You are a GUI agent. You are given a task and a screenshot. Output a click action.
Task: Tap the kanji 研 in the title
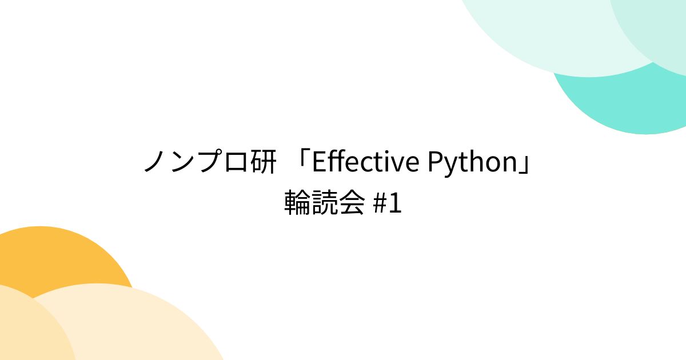[264, 163]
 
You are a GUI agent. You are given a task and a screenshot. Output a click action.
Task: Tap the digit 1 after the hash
[395, 204]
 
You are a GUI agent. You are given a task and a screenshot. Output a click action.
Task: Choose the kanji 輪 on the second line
[298, 204]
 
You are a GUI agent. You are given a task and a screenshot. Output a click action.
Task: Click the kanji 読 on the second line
[325, 204]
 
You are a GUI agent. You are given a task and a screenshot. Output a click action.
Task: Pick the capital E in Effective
[319, 163]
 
